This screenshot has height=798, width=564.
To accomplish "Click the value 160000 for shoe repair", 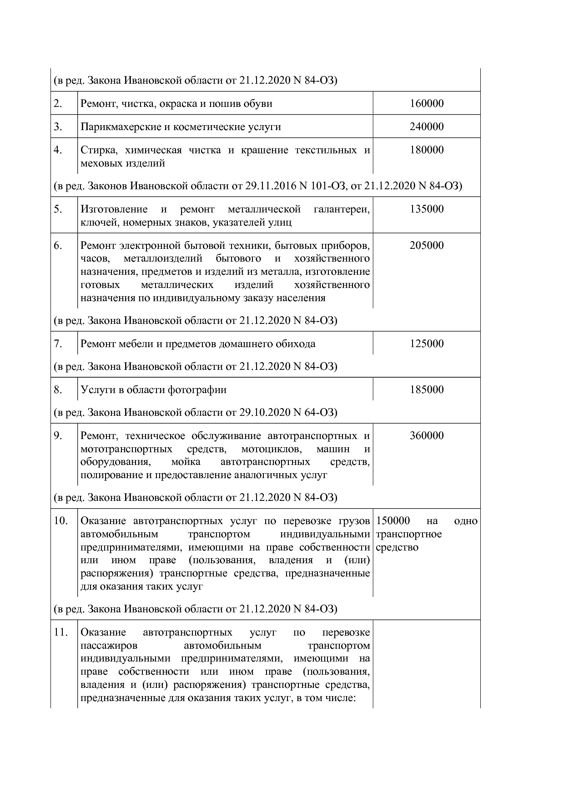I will [x=426, y=103].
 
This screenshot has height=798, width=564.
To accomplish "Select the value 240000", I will [x=426, y=126].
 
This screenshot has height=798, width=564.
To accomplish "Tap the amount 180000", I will [x=426, y=150].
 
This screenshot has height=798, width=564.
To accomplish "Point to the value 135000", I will [x=426, y=209].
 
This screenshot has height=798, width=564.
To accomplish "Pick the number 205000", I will [x=426, y=245].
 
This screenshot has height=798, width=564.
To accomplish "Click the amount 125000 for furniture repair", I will [x=426, y=343].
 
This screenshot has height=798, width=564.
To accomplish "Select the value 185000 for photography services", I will [x=426, y=389].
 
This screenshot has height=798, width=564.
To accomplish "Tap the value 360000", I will [x=426, y=435].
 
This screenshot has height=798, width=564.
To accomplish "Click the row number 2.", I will [x=58, y=103].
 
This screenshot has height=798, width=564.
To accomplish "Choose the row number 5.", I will [x=58, y=209].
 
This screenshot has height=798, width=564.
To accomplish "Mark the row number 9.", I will [x=58, y=435].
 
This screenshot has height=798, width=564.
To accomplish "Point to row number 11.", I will [x=60, y=632].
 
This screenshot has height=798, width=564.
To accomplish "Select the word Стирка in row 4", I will [x=96, y=150].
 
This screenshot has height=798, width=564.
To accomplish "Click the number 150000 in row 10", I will [x=393, y=520].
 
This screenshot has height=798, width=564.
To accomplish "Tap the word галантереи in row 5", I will [x=341, y=209].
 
